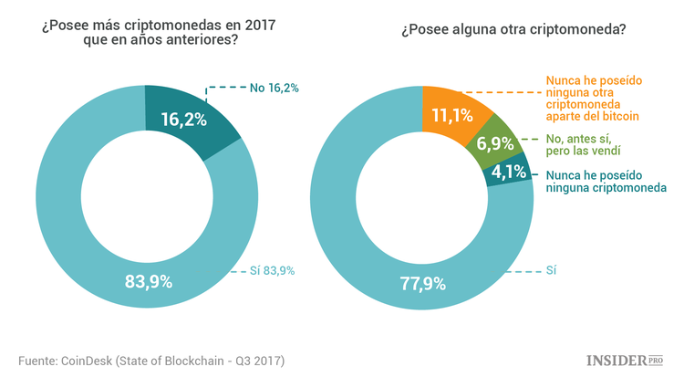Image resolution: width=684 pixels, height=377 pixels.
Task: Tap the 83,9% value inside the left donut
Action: click(x=148, y=281)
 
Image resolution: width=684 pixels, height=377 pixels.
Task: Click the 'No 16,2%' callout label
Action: click(x=275, y=88)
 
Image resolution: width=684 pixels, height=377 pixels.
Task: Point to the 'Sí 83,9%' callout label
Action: click(x=273, y=271)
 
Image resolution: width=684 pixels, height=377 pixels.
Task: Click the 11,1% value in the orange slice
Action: click(x=447, y=113)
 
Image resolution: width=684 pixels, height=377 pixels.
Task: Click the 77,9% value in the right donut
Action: click(x=420, y=283)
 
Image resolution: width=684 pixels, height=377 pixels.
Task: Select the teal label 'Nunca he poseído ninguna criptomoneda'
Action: click(x=606, y=181)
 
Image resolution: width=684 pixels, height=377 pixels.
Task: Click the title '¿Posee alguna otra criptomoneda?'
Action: click(x=513, y=28)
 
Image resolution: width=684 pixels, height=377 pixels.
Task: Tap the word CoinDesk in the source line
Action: click(x=92, y=360)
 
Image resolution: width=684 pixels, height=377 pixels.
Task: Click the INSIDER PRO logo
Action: click(x=622, y=360)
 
